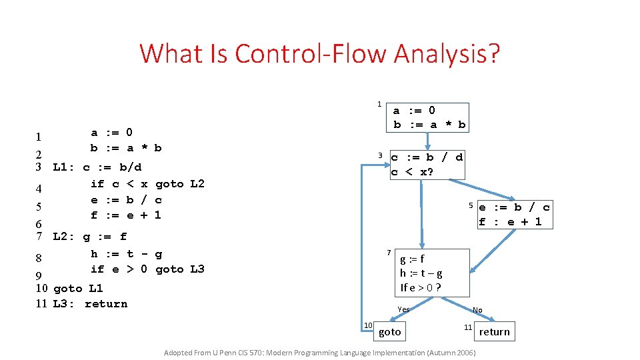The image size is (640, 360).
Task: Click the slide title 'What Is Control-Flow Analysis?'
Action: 319,53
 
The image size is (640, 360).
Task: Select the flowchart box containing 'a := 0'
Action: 429,117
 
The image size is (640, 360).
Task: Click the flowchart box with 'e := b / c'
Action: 514,214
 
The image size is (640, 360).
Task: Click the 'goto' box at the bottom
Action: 389,331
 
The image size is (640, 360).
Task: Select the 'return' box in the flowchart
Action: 494,331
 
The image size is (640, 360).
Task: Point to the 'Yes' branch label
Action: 403,309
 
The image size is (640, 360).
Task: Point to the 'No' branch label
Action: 477,310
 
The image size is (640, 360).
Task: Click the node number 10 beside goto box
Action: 367,325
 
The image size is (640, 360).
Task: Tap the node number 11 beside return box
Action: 469,327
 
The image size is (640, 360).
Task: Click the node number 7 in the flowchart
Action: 388,253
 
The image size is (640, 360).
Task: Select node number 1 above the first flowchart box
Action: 379,104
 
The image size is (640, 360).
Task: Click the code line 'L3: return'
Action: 90,304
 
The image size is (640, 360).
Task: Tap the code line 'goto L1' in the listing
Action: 78,289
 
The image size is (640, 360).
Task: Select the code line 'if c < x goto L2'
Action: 147,184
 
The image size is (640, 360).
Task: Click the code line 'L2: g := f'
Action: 90,237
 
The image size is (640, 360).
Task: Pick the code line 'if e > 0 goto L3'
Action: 147,269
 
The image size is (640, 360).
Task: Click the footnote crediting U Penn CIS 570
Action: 319,352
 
